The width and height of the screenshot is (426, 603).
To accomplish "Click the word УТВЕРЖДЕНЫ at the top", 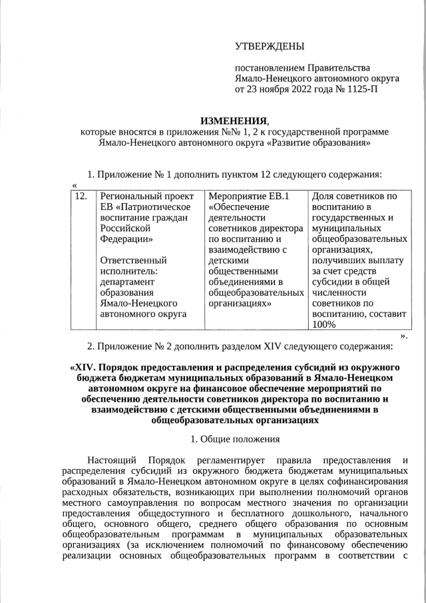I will pos(269,46).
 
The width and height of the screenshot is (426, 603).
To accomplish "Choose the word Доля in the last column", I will pos(323,196).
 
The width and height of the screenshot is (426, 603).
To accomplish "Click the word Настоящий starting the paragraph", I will pos(112,460).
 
